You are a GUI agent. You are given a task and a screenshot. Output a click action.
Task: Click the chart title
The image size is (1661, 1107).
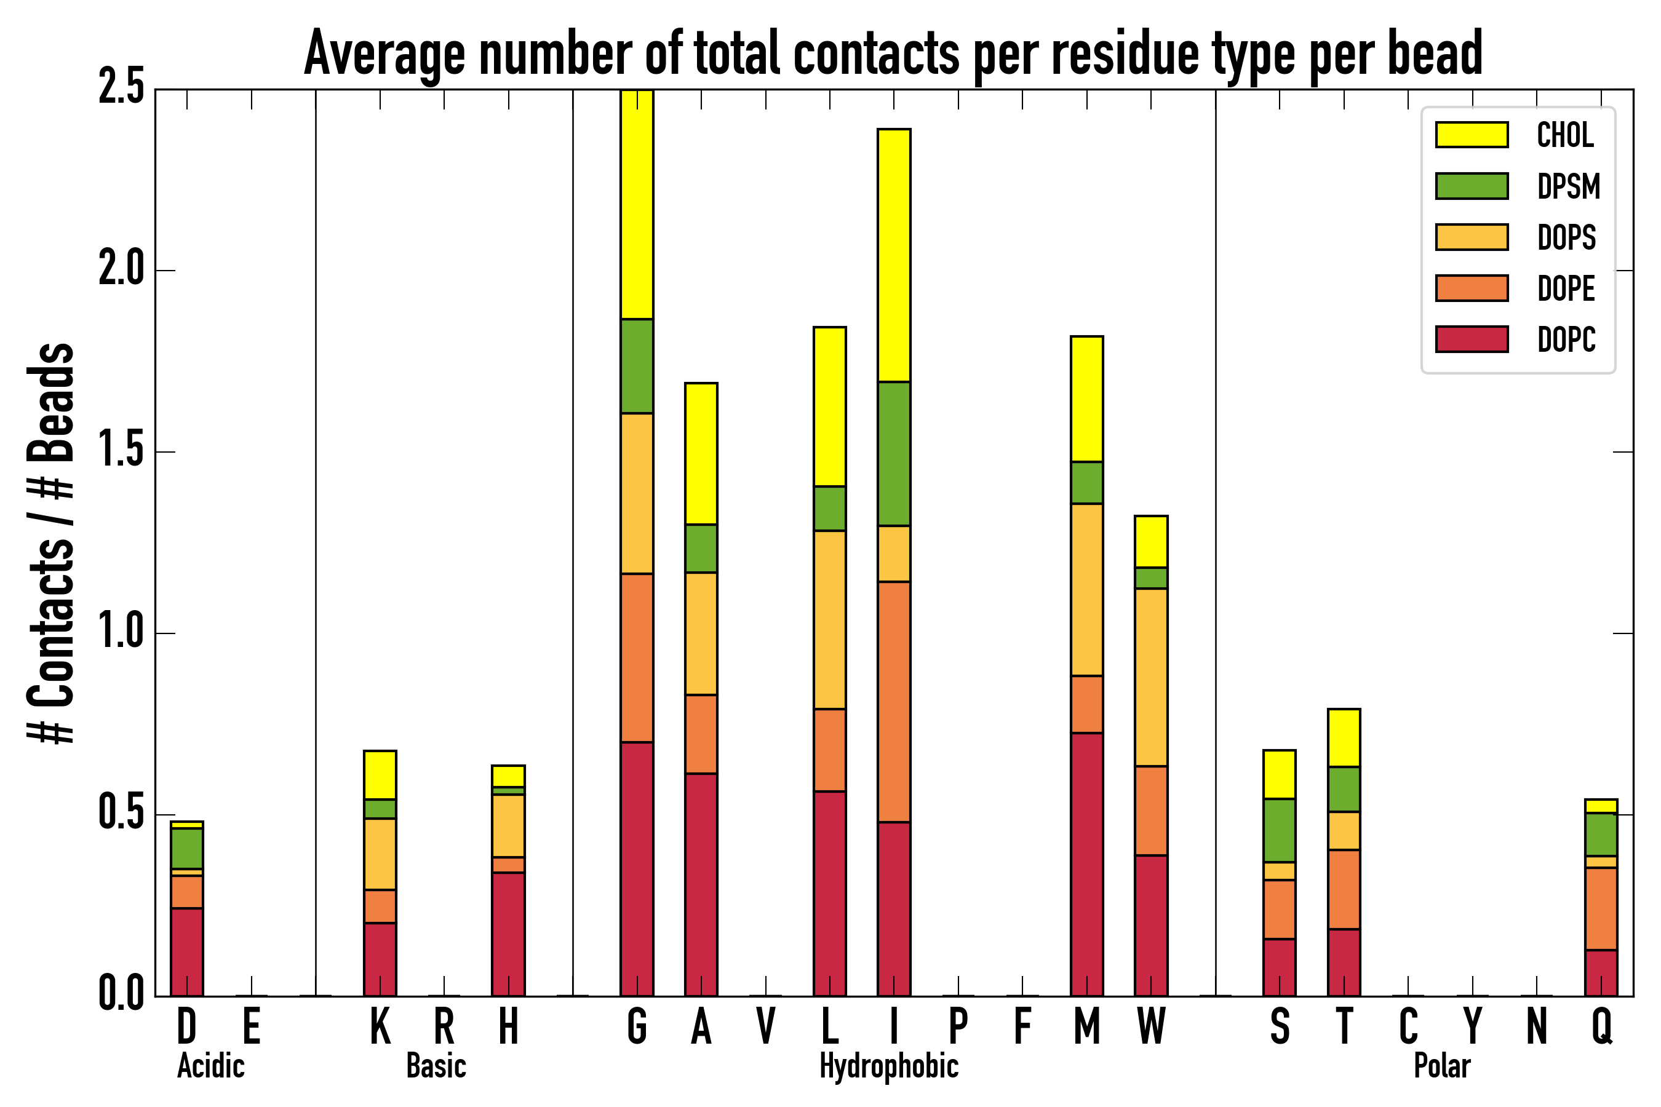(x=893, y=54)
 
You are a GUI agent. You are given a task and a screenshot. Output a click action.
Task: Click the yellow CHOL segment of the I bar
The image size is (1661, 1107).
(x=893, y=255)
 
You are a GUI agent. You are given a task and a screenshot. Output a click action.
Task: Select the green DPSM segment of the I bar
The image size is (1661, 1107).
(x=893, y=453)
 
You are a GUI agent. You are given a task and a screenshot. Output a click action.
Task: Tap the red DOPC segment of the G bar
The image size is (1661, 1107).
(x=636, y=868)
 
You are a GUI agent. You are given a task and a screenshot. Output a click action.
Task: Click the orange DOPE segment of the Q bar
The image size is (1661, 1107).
(x=1601, y=908)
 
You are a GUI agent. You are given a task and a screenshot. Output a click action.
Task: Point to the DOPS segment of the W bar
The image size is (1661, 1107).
(x=1150, y=677)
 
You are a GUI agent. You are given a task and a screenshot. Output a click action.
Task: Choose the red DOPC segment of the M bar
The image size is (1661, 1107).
(x=1086, y=864)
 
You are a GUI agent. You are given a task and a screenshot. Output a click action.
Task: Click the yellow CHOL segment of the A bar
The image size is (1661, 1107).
(x=701, y=453)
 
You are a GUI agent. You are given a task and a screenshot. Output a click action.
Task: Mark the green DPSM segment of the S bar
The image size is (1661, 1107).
(x=1279, y=830)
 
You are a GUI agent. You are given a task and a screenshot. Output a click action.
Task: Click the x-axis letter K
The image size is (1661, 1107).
(x=380, y=1026)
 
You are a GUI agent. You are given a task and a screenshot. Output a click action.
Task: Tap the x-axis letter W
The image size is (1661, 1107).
(x=1150, y=1026)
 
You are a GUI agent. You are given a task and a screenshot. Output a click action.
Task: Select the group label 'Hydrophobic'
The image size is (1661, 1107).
(x=888, y=1066)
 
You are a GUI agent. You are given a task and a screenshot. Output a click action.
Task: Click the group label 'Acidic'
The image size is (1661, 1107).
(x=210, y=1066)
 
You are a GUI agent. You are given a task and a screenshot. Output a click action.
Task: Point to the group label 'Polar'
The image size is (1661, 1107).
(x=1441, y=1066)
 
